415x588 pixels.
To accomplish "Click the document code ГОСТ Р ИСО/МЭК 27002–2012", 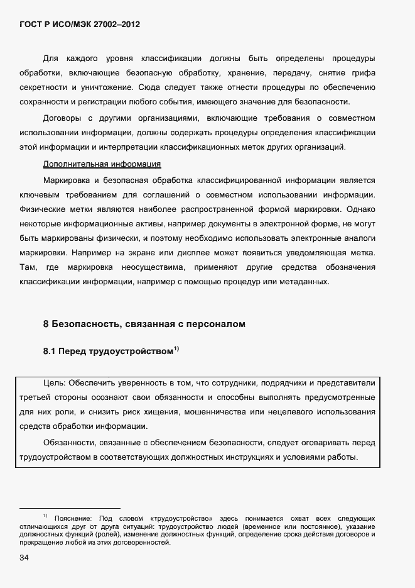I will coord(80,25).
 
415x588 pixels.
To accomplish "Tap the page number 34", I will coord(24,558).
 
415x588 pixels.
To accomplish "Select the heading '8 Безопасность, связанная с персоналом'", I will coord(144,325).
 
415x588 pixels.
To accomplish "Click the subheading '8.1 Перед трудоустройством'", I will coord(107,352).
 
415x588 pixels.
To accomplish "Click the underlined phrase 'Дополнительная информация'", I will coord(102,164).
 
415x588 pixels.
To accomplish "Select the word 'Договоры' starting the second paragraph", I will coord(62,118).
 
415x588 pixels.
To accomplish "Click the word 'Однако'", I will coord(360,208).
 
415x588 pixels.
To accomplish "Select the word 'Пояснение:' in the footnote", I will coord(73,518).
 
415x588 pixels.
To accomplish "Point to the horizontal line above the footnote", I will coord(70,507).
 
